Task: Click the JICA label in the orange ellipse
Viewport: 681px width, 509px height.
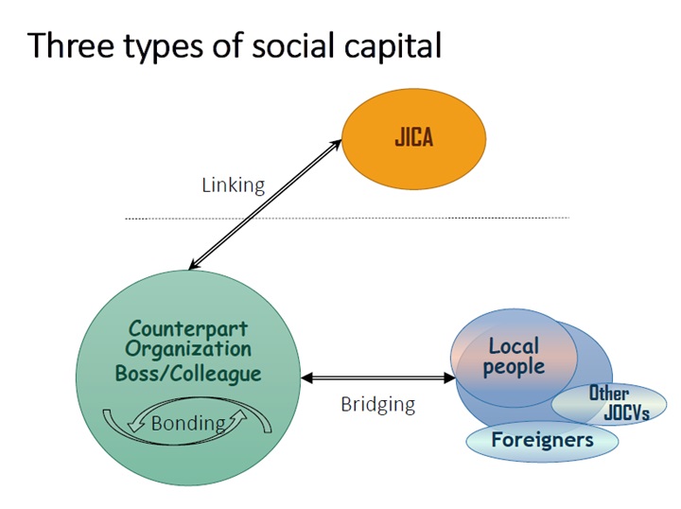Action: (413, 138)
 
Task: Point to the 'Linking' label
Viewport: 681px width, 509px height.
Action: (233, 185)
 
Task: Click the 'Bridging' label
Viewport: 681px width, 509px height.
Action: (377, 405)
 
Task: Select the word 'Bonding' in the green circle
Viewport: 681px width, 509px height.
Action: (188, 423)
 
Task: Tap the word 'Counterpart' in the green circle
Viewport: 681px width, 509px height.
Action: (188, 330)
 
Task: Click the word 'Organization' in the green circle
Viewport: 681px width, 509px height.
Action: (188, 351)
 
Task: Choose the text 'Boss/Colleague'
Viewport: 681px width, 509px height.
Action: (188, 374)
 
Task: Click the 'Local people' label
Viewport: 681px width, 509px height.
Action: (514, 356)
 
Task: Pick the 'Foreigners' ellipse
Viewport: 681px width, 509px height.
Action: (542, 440)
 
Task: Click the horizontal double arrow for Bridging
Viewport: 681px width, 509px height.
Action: (377, 378)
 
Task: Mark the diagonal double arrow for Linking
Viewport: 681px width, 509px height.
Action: (265, 203)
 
